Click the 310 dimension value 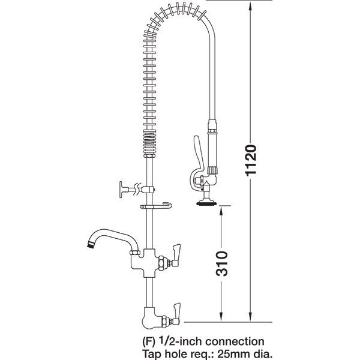click(x=222, y=263)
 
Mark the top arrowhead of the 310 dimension click(x=222, y=208)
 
